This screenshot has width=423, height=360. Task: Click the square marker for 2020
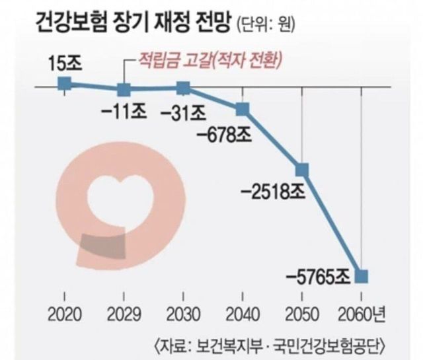64,83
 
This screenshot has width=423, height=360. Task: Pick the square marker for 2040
243,108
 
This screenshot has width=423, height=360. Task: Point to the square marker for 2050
302,170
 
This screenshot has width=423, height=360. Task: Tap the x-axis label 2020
64,312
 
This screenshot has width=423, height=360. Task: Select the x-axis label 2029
124,312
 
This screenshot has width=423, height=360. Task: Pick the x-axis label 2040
243,312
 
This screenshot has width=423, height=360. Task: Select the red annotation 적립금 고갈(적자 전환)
208,62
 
